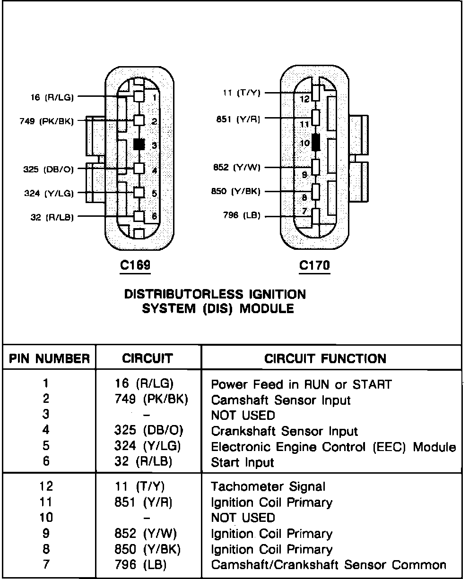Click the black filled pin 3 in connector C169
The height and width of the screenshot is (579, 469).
click(139, 144)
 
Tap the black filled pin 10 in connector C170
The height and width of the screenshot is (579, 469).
click(316, 142)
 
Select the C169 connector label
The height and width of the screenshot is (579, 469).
click(135, 266)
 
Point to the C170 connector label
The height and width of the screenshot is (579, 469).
click(315, 266)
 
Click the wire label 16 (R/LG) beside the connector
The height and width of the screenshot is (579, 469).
click(51, 98)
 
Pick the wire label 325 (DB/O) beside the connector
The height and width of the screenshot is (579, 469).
click(49, 169)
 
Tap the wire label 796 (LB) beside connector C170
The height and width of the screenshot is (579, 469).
click(242, 216)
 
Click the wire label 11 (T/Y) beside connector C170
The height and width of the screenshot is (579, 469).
click(241, 93)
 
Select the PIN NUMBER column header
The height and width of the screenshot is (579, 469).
click(49, 358)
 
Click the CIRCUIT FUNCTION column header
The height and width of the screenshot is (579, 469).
click(325, 358)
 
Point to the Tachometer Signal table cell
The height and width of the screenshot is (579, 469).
click(268, 486)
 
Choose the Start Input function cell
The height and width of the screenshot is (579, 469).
click(242, 462)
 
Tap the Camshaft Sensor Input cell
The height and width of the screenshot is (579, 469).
click(281, 400)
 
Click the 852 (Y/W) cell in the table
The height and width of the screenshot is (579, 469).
click(146, 534)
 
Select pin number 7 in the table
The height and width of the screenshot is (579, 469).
click(46, 565)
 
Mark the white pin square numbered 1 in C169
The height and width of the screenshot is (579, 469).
click(139, 96)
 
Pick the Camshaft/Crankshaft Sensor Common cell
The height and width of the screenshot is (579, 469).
click(329, 565)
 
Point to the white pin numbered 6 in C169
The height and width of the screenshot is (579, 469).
click(139, 216)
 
